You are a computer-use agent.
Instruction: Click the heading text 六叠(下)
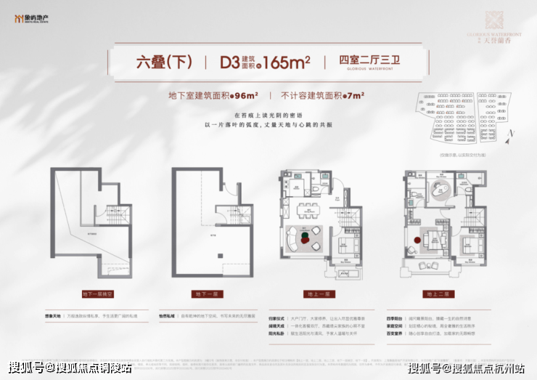[164, 61]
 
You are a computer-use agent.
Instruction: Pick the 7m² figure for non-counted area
[353, 94]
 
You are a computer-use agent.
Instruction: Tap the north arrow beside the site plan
[512, 133]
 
